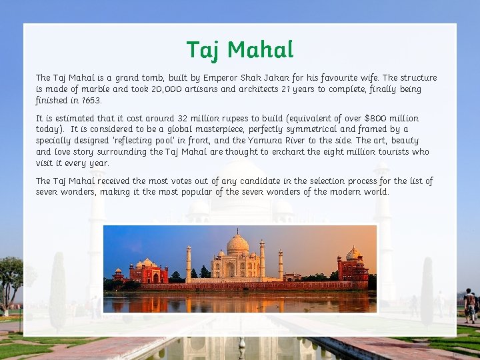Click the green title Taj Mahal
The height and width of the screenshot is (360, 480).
coord(240,50)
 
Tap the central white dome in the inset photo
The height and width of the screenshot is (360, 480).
coord(238,245)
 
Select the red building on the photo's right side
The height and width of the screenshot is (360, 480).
coord(353,266)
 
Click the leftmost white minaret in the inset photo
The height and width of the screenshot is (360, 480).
coord(189,263)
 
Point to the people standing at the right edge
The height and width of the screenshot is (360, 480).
coord(471,305)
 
